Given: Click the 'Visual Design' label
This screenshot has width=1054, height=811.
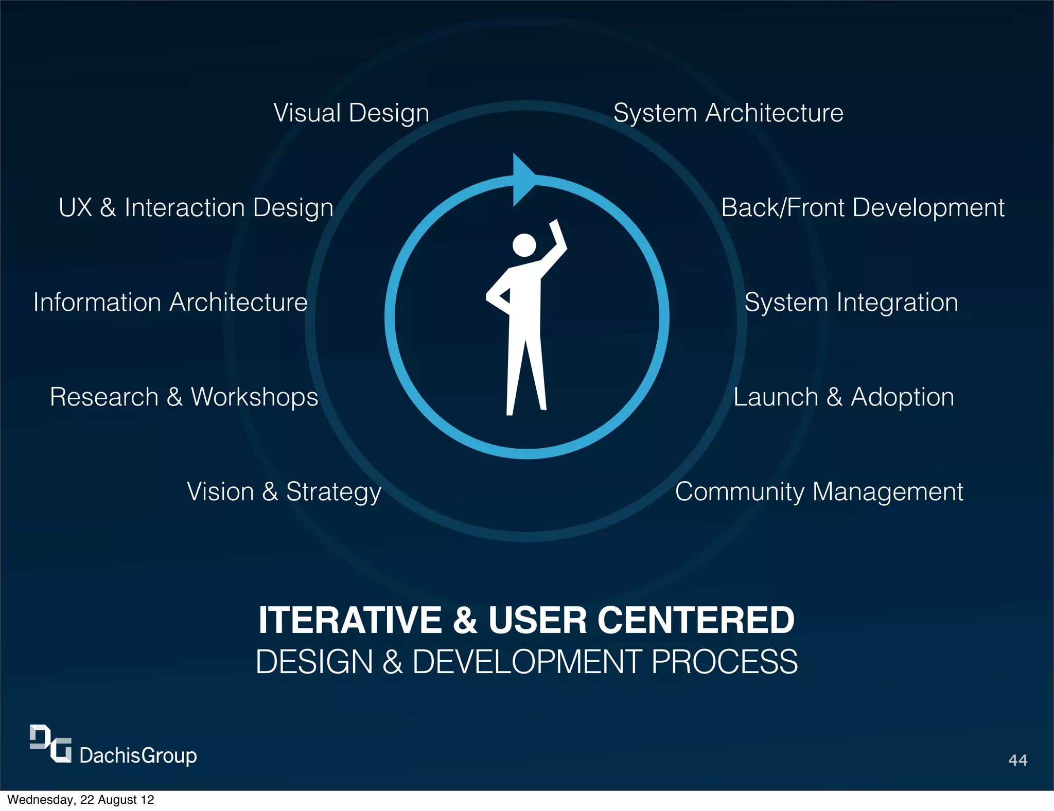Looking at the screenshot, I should (x=351, y=113).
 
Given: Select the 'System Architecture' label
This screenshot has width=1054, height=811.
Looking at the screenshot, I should (x=728, y=113).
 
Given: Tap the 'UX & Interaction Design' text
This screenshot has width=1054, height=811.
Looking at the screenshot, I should (x=196, y=208).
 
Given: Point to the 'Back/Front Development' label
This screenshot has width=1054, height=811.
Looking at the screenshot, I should (x=863, y=208).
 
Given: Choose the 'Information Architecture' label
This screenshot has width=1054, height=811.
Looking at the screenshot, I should (x=170, y=303).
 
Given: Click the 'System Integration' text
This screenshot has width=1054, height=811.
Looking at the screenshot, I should (x=851, y=303).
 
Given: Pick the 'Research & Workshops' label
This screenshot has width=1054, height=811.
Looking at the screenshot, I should (x=184, y=397).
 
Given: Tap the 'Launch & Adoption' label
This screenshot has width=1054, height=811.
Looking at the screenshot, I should (x=844, y=397).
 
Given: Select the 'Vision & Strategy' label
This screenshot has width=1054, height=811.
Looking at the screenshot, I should (x=284, y=492).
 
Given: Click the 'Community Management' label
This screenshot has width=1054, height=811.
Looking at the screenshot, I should (x=819, y=492).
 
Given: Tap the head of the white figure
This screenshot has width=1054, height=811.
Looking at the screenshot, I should (x=524, y=245).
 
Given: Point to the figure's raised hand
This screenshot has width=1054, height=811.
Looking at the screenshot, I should (x=556, y=230).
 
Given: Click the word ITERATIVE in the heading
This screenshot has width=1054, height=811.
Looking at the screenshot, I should (x=350, y=620).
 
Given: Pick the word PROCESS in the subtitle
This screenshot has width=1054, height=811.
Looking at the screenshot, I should (x=725, y=662).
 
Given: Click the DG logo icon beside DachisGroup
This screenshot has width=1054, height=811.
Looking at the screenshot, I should (x=50, y=744).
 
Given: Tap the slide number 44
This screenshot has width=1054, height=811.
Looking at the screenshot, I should (x=1017, y=760).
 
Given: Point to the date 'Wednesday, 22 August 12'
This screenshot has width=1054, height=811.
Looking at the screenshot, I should (x=81, y=800).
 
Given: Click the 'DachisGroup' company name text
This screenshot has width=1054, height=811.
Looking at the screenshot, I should (x=138, y=755).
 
